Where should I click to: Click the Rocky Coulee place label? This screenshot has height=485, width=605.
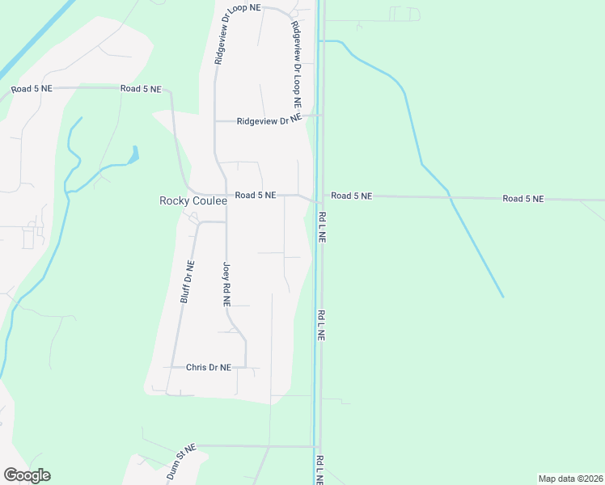(x=192, y=201)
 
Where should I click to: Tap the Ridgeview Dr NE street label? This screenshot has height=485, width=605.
(x=269, y=121)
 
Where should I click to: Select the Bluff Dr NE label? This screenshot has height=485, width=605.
(x=187, y=281)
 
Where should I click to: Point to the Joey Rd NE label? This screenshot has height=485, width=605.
(x=227, y=285)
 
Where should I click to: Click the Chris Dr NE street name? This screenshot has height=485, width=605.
(x=209, y=367)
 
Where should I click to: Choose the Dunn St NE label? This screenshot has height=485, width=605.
(x=181, y=462)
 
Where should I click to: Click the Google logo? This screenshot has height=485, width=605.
(x=27, y=475)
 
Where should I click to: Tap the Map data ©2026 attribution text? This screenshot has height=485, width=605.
(x=570, y=479)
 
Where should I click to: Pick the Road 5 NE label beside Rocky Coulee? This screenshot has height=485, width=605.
(x=256, y=196)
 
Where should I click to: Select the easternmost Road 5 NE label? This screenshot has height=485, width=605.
(x=522, y=198)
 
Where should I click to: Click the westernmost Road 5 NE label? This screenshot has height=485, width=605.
(x=32, y=89)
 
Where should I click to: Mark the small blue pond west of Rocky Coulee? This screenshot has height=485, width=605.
(x=133, y=153)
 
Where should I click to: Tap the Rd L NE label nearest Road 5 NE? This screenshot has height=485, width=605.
(x=322, y=228)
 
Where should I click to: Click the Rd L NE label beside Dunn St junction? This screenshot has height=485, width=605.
(x=321, y=469)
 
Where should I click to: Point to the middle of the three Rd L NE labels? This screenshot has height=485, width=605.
(x=321, y=325)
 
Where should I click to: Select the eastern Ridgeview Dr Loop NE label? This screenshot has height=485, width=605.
(x=297, y=64)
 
